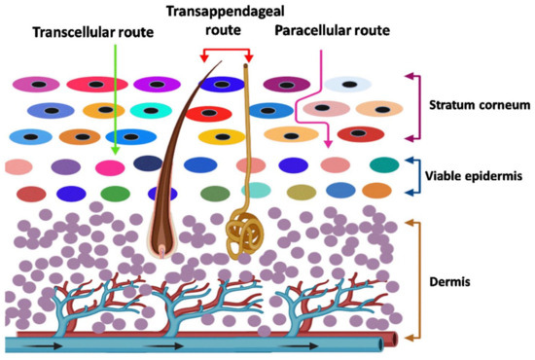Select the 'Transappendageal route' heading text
coord(225,20)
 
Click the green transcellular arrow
coord(115,97)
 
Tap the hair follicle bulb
coord(162,234)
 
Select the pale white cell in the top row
coord(347,86)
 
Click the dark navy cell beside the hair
coord(148,163)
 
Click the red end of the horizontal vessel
coord(395,343)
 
